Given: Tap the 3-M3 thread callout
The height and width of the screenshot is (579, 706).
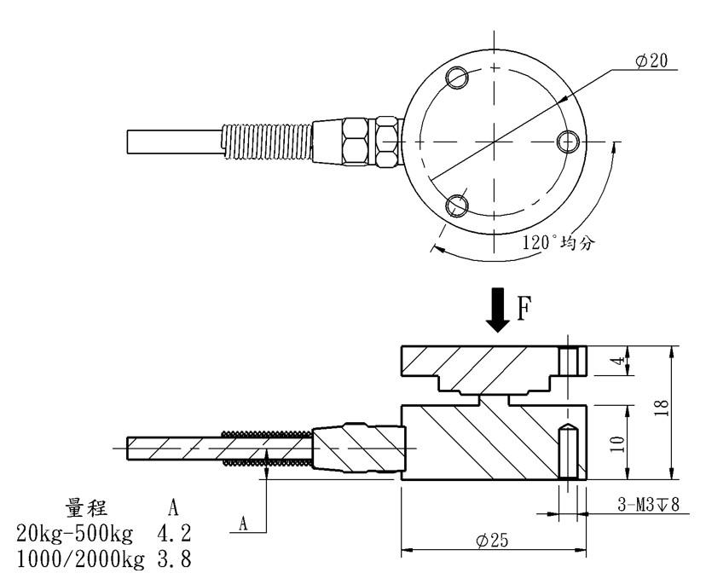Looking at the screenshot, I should click(x=647, y=506).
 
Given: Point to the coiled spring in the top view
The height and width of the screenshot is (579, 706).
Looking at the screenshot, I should click(x=264, y=141).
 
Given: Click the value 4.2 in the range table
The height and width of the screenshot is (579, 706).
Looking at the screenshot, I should click(x=173, y=535).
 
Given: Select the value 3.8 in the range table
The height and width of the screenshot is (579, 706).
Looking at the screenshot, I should click(x=173, y=559).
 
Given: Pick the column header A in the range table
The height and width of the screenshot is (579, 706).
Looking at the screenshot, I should click(x=173, y=508).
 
